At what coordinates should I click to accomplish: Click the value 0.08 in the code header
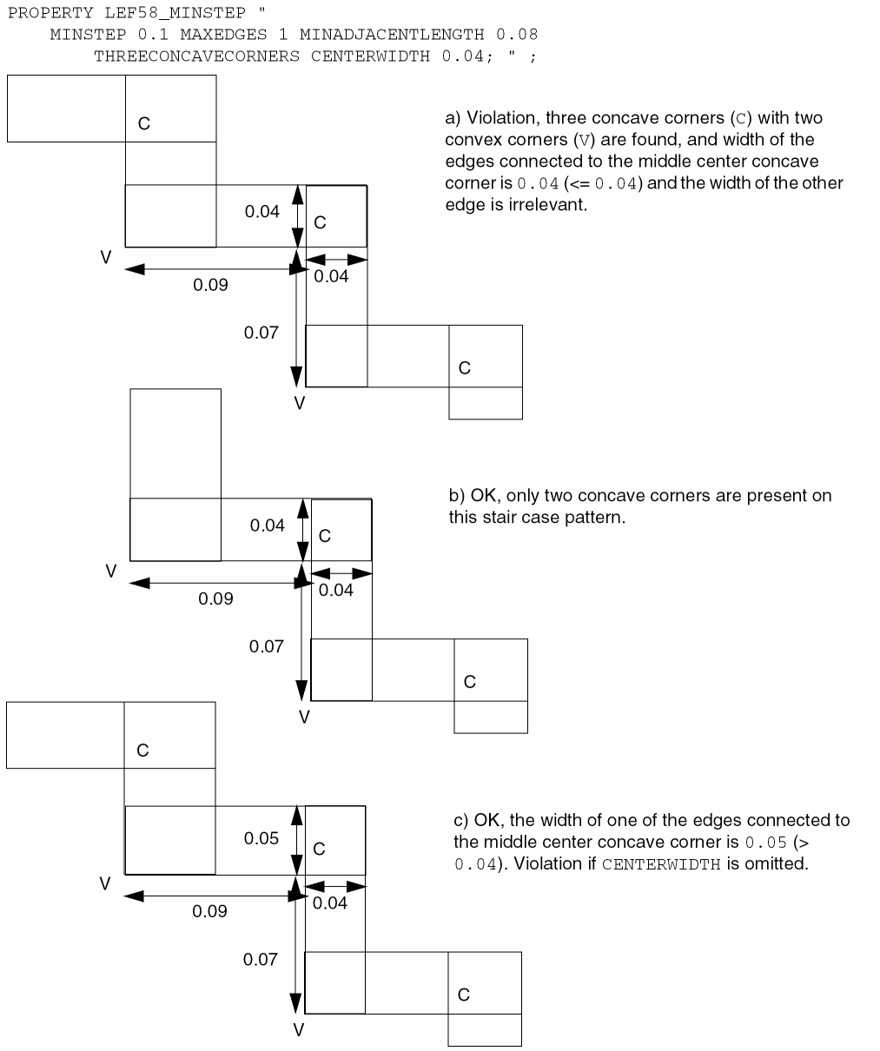pos(517,35)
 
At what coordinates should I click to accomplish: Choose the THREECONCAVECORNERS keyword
pos(196,56)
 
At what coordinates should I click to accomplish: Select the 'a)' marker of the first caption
pos(453,118)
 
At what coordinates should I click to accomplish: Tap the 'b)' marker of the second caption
pos(457,496)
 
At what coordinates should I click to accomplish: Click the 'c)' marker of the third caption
pos(461,821)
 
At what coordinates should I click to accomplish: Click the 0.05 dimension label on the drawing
pos(261,838)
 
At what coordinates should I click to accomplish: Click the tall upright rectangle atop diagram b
pos(175,443)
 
